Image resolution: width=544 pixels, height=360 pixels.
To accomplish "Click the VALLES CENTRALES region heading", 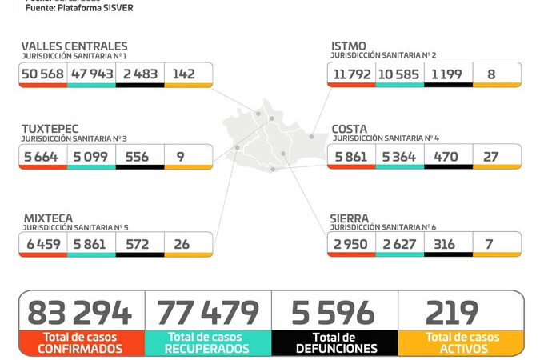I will [74, 46].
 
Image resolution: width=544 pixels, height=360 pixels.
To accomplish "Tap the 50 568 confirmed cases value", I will [43, 74].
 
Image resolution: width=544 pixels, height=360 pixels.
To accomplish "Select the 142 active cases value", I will [183, 74].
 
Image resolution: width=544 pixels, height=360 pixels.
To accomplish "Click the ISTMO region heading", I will [348, 46].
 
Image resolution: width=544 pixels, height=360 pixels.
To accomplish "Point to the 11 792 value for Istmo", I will [350, 74].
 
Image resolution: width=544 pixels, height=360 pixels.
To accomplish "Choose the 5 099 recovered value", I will [91, 156].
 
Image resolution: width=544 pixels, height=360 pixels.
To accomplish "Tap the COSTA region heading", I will [350, 129].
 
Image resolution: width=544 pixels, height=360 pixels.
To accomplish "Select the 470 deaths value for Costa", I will [446, 156].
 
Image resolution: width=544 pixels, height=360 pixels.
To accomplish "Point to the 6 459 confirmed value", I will [43, 243].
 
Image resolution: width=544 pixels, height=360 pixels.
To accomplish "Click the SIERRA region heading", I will [350, 217].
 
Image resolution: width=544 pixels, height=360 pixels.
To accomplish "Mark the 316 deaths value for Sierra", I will [446, 243].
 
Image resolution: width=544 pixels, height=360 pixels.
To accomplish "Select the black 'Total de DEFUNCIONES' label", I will [334, 343].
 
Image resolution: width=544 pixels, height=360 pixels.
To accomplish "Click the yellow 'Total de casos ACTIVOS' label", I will [462, 343].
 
